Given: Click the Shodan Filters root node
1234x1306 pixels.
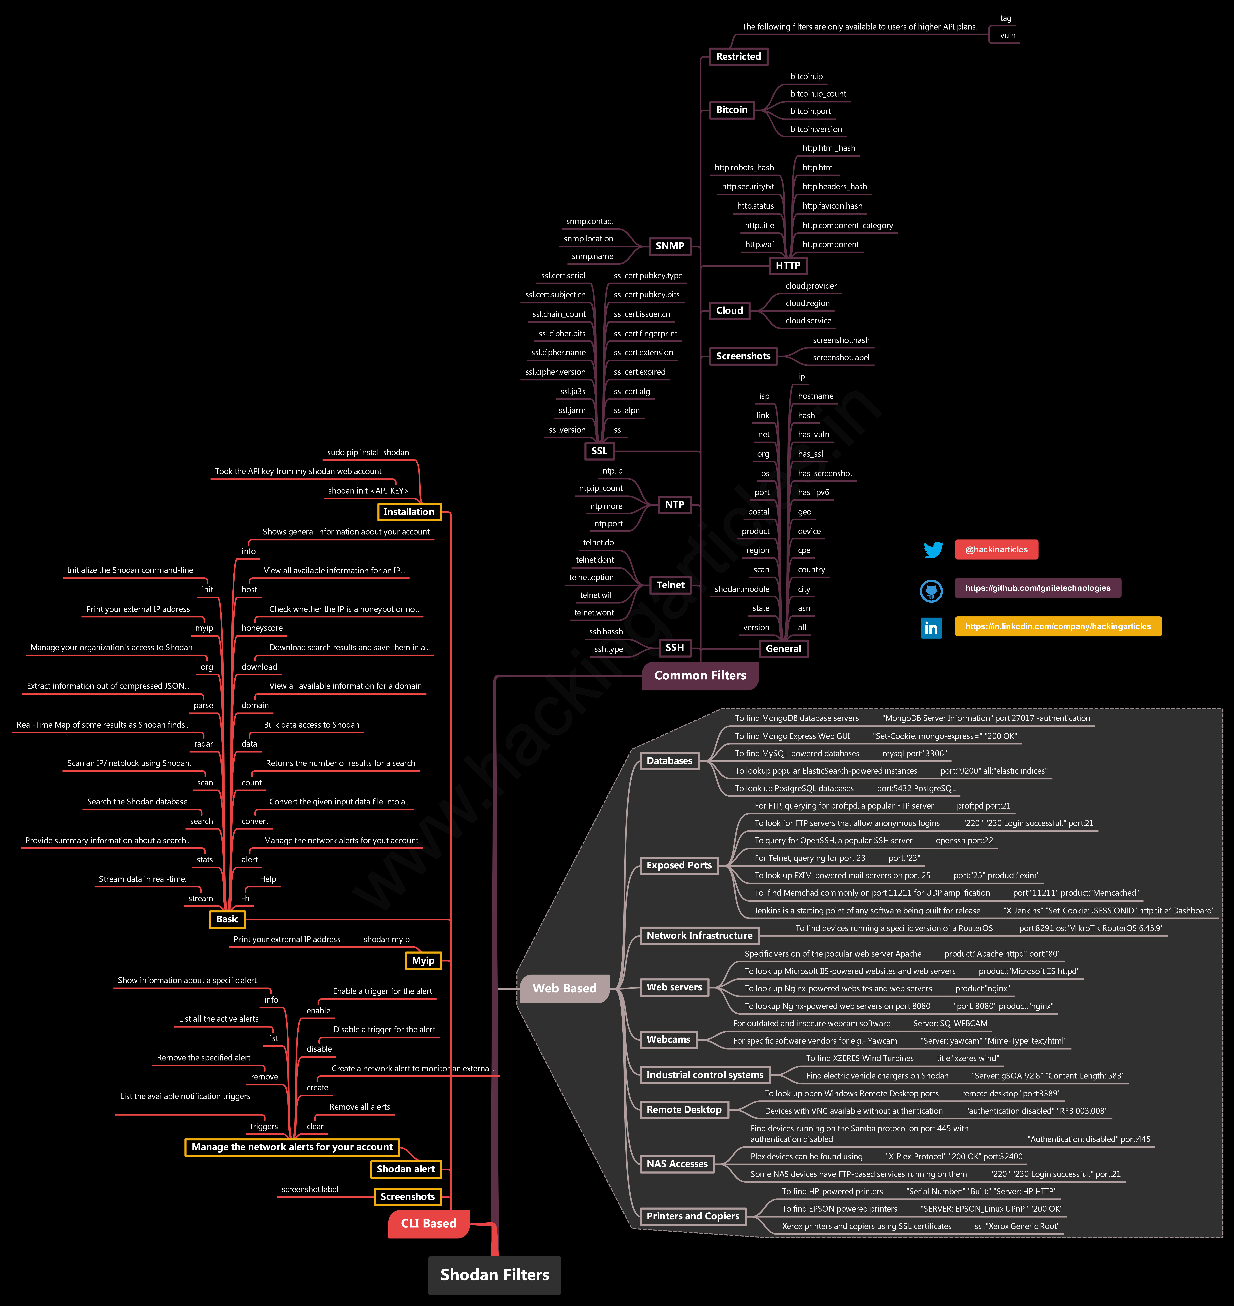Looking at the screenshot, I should tap(495, 1275).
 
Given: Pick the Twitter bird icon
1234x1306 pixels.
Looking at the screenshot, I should tap(933, 550).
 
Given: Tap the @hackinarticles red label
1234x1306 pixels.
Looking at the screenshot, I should tap(996, 550).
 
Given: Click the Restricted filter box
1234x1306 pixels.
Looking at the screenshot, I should tap(738, 57).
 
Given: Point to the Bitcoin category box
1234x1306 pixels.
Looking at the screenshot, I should tap(731, 110).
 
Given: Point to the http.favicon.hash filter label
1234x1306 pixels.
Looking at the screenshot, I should tap(832, 206).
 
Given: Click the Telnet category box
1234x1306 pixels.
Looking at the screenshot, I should tap(670, 585).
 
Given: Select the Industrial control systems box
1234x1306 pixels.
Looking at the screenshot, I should tap(704, 1075).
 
